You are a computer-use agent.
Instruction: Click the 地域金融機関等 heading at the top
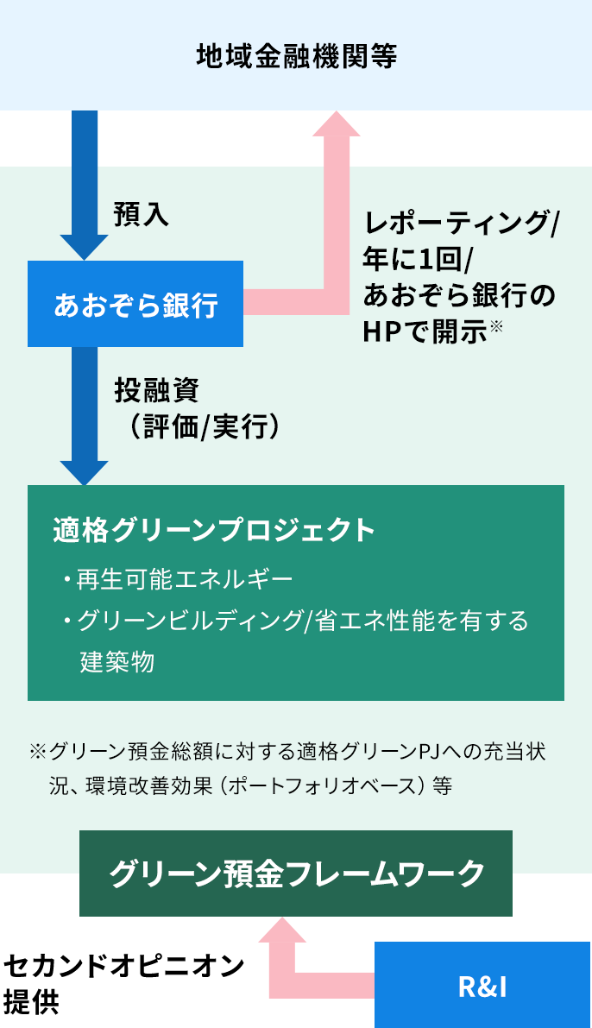pyautogui.click(x=296, y=57)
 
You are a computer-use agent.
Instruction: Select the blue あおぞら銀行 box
pyautogui.click(x=135, y=304)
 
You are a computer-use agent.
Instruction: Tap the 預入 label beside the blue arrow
pyautogui.click(x=141, y=215)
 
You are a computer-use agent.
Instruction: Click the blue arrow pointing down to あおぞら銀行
pyautogui.click(x=85, y=181)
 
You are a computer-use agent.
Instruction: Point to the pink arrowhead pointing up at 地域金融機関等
pyautogui.click(x=336, y=122)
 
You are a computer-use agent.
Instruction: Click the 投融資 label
pyautogui.click(x=157, y=390)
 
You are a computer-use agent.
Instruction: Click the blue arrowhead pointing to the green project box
pyautogui.click(x=84, y=472)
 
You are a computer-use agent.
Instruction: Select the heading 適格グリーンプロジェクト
pyautogui.click(x=214, y=529)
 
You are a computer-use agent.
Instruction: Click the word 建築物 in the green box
pyautogui.click(x=117, y=662)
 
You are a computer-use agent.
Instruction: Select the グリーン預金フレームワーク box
pyautogui.click(x=296, y=873)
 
